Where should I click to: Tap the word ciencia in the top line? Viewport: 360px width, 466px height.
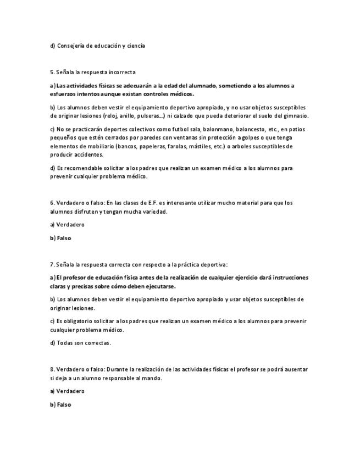136,46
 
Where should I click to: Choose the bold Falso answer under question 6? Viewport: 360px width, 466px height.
64,238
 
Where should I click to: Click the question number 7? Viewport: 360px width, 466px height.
52,264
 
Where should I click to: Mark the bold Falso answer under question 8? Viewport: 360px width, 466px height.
64,405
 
